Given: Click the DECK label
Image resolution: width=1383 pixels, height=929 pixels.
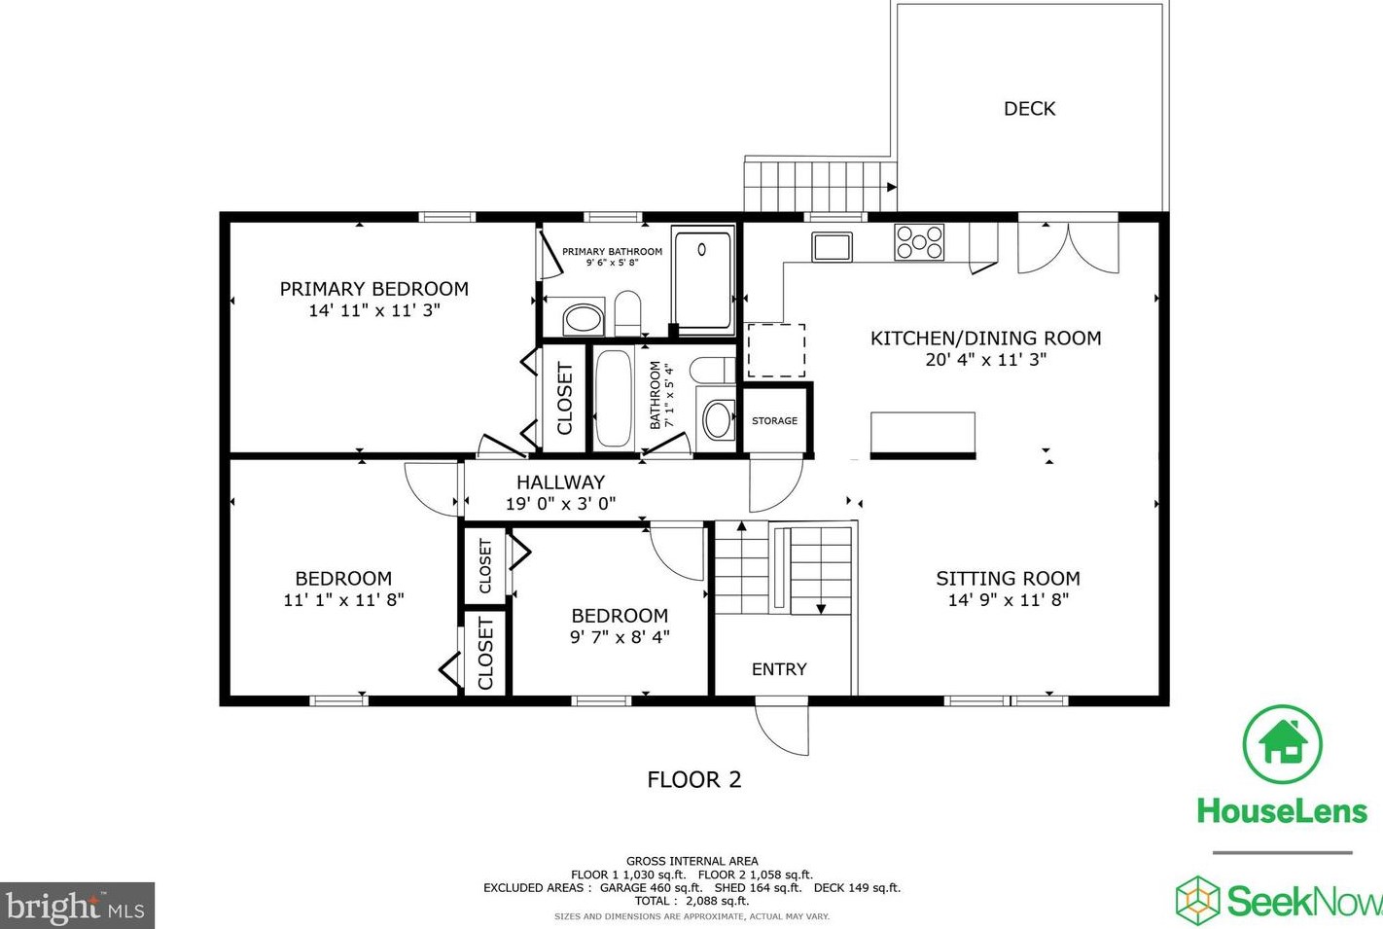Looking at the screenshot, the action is pos(1029,109).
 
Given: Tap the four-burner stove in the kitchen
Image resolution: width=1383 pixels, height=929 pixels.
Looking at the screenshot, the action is pos(919,241).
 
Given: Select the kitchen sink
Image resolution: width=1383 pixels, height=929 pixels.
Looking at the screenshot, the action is pos(832,246).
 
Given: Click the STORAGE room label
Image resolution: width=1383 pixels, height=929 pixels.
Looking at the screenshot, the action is pos(774,420).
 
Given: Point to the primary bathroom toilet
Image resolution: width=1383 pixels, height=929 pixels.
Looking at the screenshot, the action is pos(628,313).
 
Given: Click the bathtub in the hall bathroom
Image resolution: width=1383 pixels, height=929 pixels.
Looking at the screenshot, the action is pos(613,399).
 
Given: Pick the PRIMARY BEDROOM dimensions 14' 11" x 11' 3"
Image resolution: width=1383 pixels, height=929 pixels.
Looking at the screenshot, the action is pos(374,310).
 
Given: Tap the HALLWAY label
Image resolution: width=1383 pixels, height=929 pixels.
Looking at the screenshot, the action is pos(560,482).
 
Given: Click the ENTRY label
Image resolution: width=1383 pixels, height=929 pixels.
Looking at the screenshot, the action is pos(779,669).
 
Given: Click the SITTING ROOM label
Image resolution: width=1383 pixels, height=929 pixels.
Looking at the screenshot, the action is pos(1008,578).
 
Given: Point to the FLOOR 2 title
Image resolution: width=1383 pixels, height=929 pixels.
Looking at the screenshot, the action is pos(694,779).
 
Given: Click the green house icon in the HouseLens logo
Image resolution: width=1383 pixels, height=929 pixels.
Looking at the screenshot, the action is pos(1283,744).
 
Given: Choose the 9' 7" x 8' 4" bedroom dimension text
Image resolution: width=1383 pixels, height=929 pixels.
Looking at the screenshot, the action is pos(620,636).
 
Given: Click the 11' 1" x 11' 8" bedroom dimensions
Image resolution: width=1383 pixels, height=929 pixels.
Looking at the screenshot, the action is pos(343,599).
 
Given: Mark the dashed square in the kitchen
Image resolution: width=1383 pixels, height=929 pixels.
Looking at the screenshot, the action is pos(776,350).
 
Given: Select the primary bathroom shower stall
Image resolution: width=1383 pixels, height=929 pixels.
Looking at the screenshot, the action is pos(703,280).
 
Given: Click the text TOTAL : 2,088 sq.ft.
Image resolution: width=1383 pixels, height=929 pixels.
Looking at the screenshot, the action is pos(692,901).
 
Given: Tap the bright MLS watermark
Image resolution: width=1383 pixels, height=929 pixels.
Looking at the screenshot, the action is pos(77,906).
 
